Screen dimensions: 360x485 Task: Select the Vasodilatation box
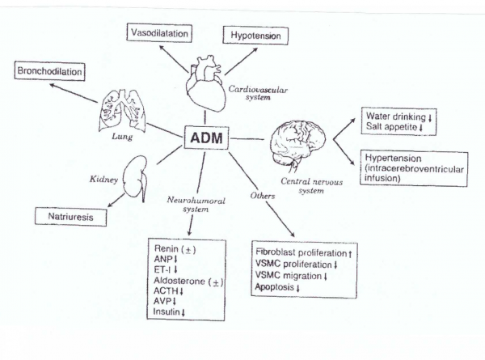click(x=159, y=33)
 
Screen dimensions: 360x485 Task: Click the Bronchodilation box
click(x=49, y=72)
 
